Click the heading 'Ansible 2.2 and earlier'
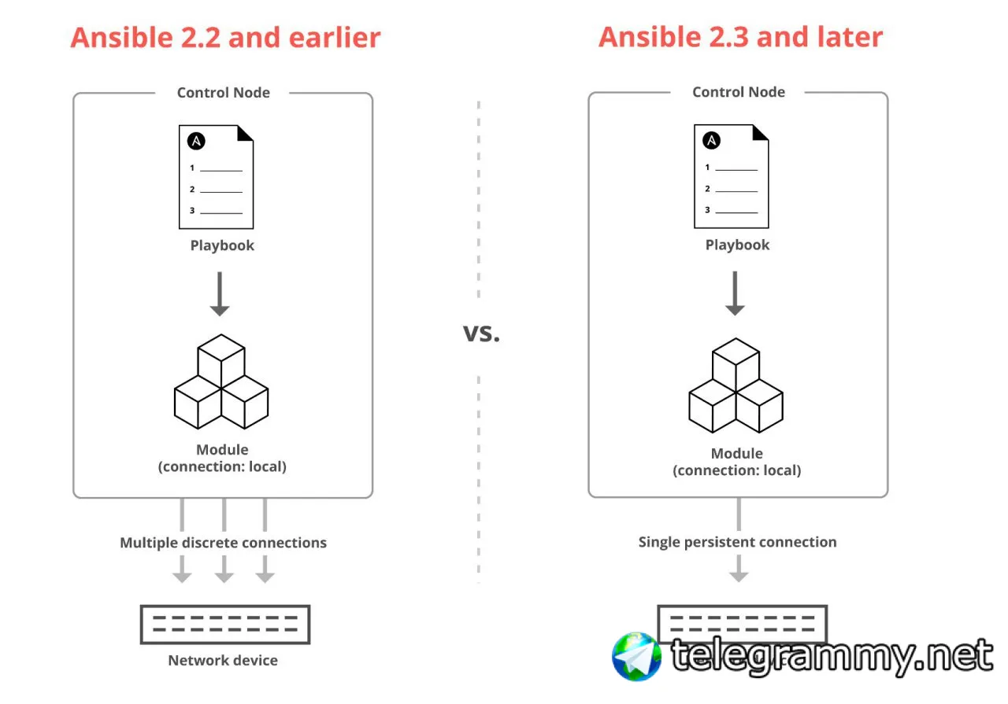(x=225, y=37)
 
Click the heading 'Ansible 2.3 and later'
(x=740, y=37)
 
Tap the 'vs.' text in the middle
(x=481, y=332)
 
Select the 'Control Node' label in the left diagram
(x=223, y=93)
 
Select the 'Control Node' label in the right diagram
(x=738, y=92)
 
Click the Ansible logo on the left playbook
(x=196, y=142)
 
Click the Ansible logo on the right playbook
(x=711, y=141)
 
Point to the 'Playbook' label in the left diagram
(x=222, y=245)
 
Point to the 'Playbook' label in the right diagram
(x=737, y=245)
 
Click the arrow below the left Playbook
(x=220, y=294)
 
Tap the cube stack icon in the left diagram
(x=220, y=381)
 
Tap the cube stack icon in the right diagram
(x=736, y=385)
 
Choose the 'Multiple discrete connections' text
(x=223, y=543)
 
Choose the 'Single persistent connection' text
(x=737, y=542)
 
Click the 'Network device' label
(x=223, y=660)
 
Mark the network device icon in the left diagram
(x=224, y=625)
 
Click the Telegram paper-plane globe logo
(x=636, y=656)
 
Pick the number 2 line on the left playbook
(x=216, y=190)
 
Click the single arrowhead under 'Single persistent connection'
(x=738, y=573)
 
